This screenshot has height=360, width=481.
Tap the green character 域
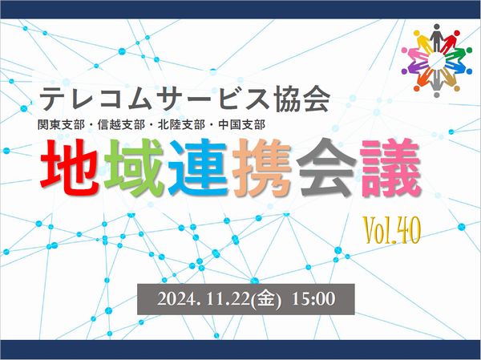point(134,168)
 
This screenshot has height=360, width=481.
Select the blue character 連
point(198,168)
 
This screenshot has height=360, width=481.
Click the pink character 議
point(390,168)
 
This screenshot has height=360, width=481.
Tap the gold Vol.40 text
point(391,230)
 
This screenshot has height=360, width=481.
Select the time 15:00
point(313,298)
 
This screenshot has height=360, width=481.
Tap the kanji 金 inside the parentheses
point(265,299)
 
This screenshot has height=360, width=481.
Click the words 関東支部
point(61,124)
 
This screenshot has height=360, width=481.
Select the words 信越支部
point(121,124)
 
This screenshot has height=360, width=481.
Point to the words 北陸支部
point(181,124)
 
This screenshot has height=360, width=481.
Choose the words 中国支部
point(242,124)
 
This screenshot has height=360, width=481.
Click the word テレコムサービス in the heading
point(155,99)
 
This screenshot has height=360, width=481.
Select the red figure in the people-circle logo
point(450,42)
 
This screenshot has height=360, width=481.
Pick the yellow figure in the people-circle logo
point(423,42)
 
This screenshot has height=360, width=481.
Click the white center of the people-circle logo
point(437,60)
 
